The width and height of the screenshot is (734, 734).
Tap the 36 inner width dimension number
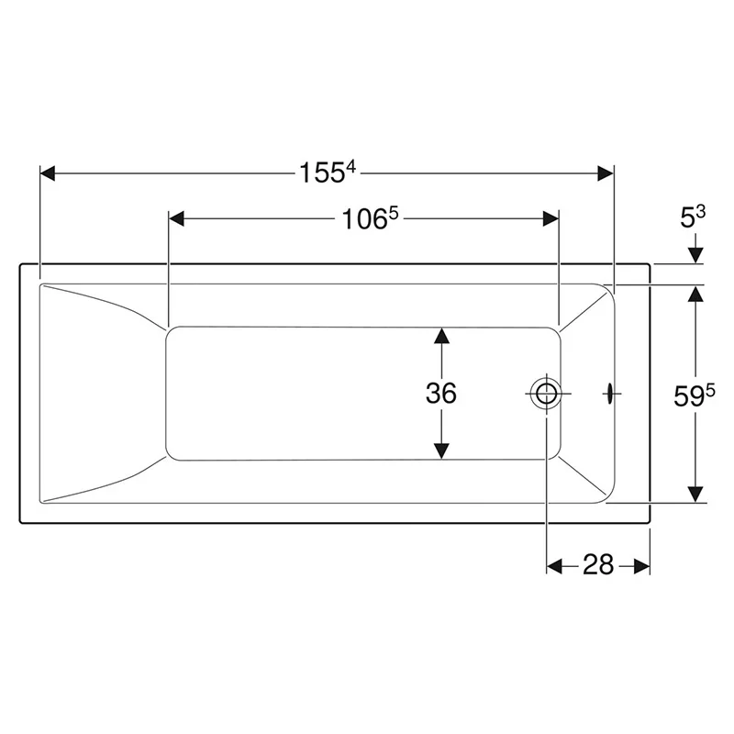(x=441, y=393)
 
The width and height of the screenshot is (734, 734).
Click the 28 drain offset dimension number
(x=598, y=564)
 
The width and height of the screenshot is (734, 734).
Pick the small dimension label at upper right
(x=693, y=217)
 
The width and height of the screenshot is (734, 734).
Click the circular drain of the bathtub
(x=546, y=394)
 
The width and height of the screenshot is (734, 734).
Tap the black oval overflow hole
(x=610, y=394)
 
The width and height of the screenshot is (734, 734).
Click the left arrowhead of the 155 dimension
(x=48, y=172)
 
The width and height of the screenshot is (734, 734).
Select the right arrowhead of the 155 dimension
(x=606, y=173)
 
